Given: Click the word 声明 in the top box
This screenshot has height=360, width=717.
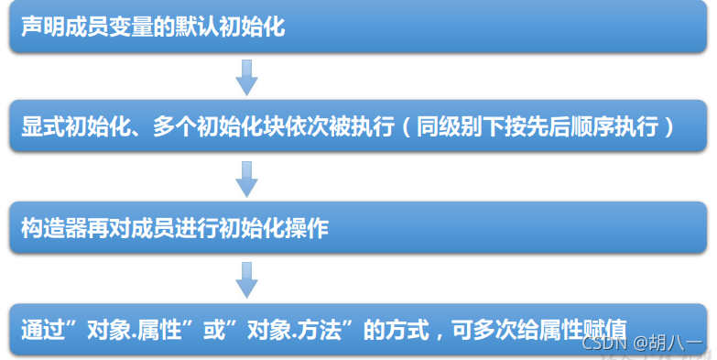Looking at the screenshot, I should point(42,27).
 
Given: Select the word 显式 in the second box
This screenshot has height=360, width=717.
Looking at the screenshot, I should point(42,127).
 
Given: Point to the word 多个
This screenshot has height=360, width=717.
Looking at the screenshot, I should point(168,127).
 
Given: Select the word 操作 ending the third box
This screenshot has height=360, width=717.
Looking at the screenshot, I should point(307,229).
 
